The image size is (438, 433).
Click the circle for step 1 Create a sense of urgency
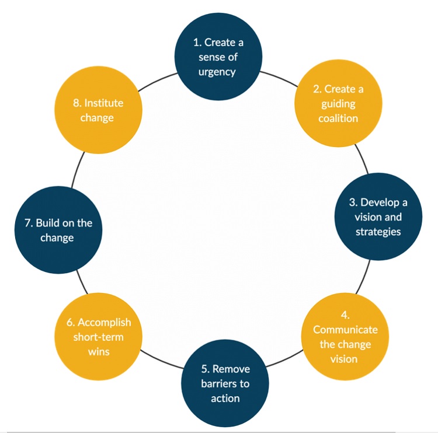217,58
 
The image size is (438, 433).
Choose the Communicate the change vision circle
345,337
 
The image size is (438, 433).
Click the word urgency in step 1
217,72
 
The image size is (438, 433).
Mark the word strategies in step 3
378,231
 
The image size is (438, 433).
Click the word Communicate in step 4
345,330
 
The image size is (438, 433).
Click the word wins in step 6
99,351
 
